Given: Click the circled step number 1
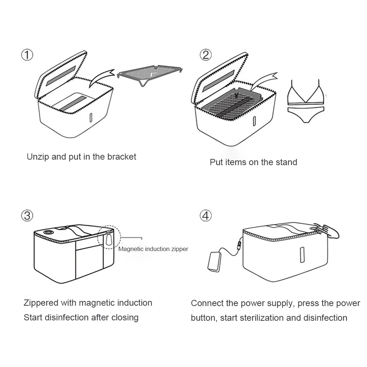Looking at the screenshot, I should tap(27, 55).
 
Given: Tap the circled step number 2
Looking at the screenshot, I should tap(206, 55).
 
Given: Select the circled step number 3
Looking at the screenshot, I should tap(27, 215).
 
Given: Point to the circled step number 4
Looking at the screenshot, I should tap(206, 215).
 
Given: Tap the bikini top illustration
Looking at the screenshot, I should tap(306, 93).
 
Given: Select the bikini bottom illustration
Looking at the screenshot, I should tap(306, 114).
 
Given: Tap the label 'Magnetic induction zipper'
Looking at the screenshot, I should tap(153, 249).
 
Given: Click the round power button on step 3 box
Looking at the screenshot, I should tap(48, 233).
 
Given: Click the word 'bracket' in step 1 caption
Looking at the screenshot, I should tap(121, 157).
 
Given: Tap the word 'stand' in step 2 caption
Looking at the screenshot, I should tap(286, 162).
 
